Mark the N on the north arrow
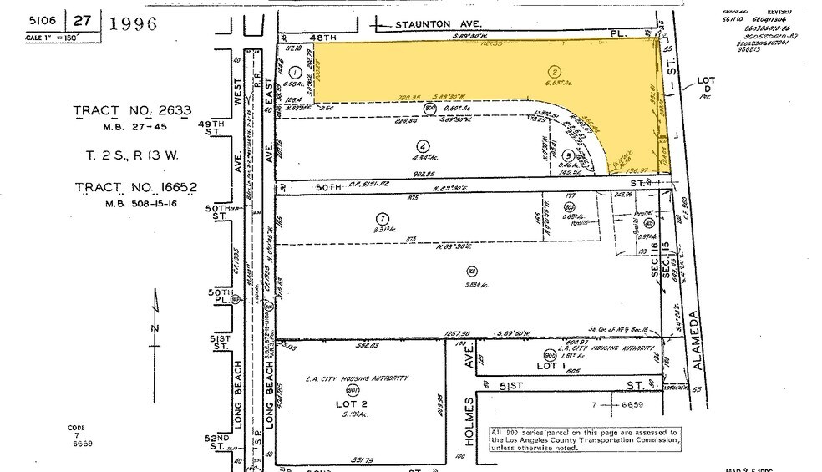click(x=154, y=328)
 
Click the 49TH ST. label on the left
click(x=220, y=129)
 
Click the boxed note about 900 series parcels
click(x=585, y=438)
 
